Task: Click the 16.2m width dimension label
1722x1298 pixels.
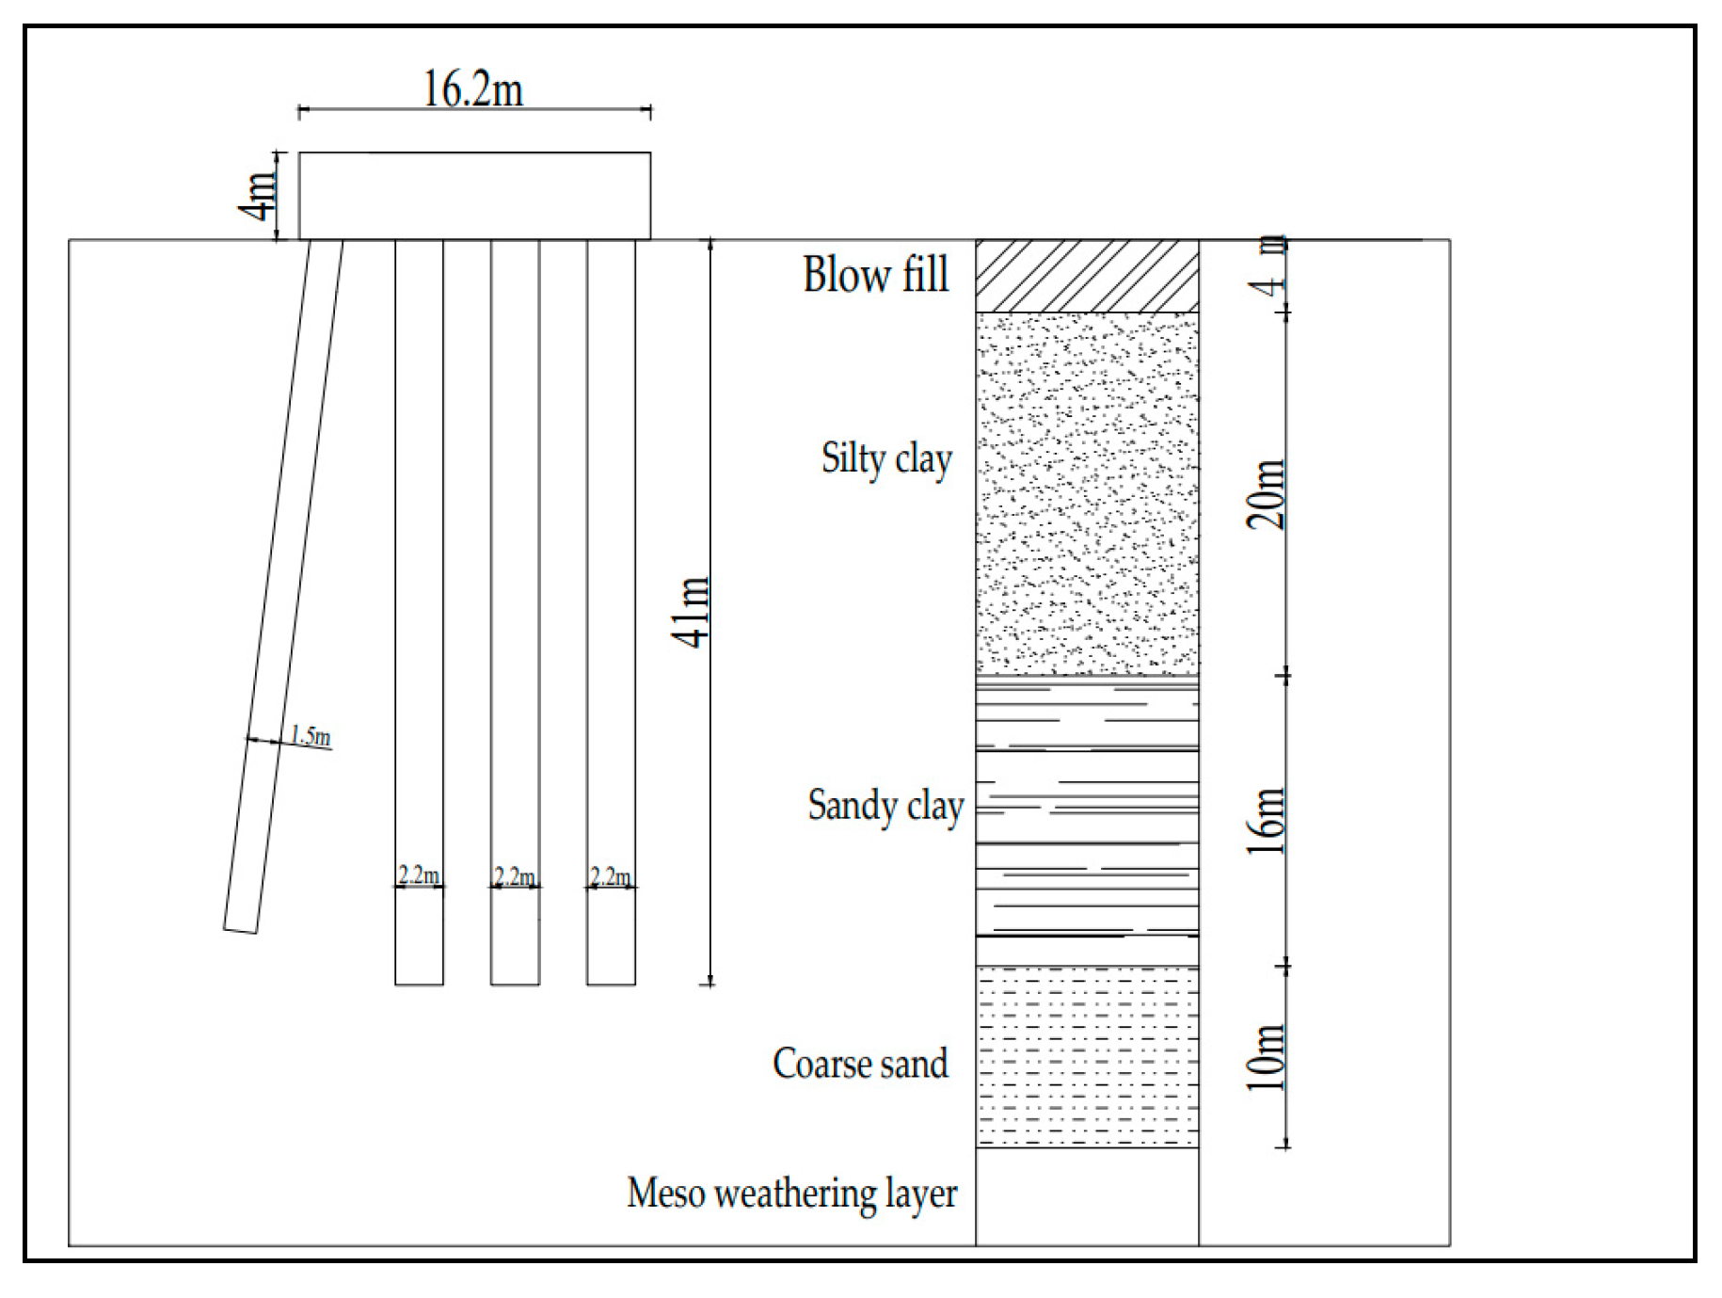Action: (473, 90)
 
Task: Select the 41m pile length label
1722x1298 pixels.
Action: (692, 612)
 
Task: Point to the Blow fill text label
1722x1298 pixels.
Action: (876, 275)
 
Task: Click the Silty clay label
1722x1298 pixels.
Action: (886, 459)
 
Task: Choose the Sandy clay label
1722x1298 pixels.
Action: (885, 807)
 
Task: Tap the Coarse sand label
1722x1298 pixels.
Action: (860, 1064)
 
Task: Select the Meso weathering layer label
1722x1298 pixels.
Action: (791, 1194)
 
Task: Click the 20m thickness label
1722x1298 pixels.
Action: (1267, 494)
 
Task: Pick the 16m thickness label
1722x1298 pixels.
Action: (1267, 821)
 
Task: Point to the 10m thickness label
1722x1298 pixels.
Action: (1267, 1057)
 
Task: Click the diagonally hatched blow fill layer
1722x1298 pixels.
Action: (1087, 276)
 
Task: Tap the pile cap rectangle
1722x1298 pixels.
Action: (474, 196)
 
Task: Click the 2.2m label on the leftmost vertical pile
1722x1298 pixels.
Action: (419, 875)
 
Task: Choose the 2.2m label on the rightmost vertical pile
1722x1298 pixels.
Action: (611, 876)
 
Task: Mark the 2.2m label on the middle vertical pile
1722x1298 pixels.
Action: (515, 876)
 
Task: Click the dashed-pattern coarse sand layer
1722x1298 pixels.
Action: (1087, 1056)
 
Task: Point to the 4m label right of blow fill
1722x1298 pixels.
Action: (1271, 268)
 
